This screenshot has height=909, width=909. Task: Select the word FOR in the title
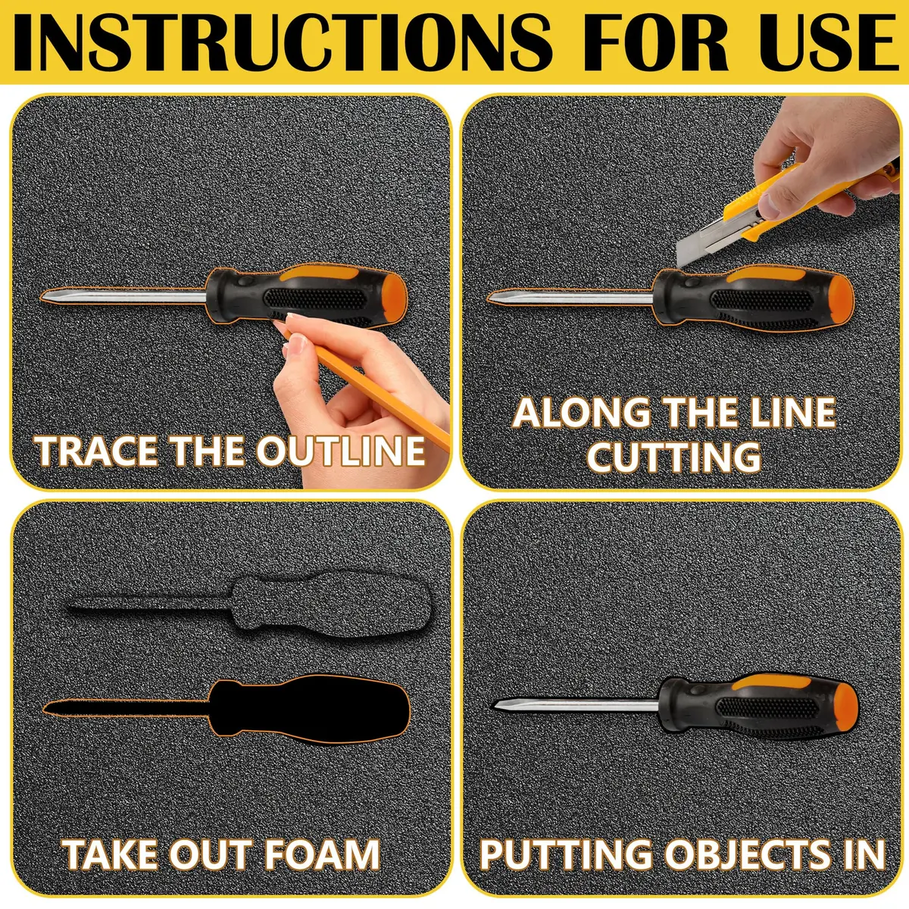click(x=643, y=43)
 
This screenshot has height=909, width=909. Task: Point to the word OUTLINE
click(x=341, y=451)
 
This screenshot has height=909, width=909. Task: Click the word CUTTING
click(x=673, y=457)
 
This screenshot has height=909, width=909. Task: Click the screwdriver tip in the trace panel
click(x=46, y=297)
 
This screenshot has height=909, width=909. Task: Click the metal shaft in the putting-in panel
click(x=576, y=704)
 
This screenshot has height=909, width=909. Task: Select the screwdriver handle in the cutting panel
click(x=753, y=297)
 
